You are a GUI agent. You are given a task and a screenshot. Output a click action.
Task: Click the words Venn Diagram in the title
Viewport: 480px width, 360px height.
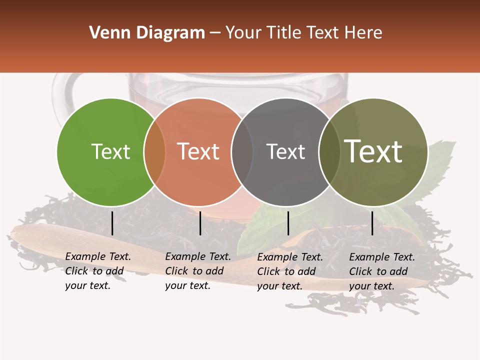click(x=147, y=33)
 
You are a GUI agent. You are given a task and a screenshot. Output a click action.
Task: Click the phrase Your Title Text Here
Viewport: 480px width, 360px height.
click(x=303, y=33)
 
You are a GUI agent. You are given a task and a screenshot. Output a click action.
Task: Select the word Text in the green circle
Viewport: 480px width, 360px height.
click(x=110, y=151)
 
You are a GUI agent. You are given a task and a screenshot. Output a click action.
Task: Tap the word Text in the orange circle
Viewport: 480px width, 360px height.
click(x=198, y=151)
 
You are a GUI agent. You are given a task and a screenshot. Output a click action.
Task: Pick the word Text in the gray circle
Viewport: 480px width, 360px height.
click(x=285, y=151)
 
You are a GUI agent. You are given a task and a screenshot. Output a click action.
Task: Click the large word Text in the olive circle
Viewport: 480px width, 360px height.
click(x=373, y=151)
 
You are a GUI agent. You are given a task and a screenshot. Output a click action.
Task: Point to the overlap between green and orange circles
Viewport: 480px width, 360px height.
click(x=154, y=152)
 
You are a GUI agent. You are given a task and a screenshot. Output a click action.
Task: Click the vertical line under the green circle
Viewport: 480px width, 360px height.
click(x=112, y=223)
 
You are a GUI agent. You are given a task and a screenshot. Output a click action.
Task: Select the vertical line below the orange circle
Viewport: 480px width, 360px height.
click(x=200, y=223)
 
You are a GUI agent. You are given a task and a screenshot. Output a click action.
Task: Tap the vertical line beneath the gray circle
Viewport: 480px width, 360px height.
click(x=288, y=223)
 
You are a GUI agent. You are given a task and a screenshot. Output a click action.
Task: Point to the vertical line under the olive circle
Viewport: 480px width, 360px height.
click(x=372, y=223)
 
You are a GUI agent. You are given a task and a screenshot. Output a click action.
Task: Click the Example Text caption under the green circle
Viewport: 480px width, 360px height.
click(x=98, y=271)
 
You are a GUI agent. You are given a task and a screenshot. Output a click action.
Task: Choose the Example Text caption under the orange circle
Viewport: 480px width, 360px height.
click(x=198, y=271)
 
